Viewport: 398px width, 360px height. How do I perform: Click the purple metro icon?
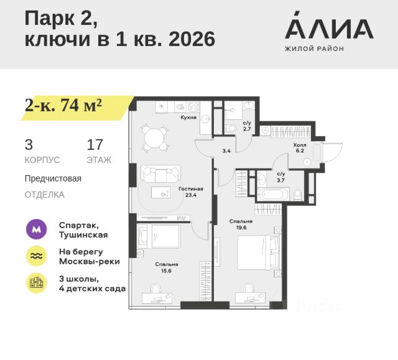(36, 229)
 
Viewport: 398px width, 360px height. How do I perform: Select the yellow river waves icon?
(36, 256)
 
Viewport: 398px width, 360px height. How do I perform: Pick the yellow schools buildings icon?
(36, 283)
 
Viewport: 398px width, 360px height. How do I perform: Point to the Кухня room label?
(188, 117)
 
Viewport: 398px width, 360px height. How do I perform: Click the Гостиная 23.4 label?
(191, 192)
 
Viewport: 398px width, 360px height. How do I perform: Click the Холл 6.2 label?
(300, 147)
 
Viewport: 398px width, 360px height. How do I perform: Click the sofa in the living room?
(160, 173)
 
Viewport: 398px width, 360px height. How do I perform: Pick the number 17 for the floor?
(95, 145)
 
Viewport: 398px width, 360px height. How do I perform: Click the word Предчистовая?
(53, 178)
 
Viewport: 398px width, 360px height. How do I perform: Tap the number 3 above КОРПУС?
(29, 145)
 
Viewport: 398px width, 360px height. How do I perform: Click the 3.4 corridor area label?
(227, 150)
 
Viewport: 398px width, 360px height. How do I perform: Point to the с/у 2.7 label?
(247, 126)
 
